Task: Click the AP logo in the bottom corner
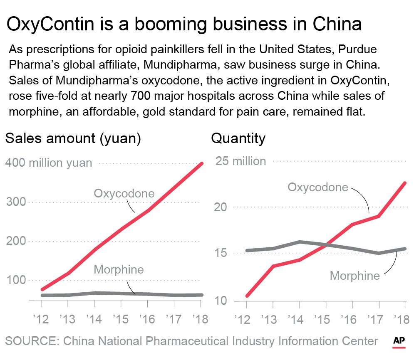[399, 341]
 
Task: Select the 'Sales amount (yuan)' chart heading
[73, 138]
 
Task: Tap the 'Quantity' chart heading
[238, 138]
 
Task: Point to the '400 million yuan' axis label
[48, 163]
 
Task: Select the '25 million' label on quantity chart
[240, 161]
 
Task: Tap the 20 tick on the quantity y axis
[223, 207]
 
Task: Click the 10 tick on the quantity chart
[223, 300]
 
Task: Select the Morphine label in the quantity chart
[355, 276]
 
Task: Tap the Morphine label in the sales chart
[119, 269]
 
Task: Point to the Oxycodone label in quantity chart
[318, 187]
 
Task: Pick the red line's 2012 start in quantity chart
[247, 296]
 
